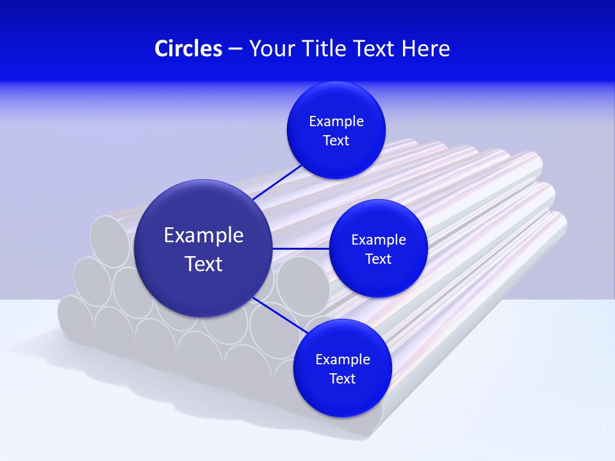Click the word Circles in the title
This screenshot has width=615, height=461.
click(x=188, y=49)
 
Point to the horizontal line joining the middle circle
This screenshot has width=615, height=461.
click(x=300, y=248)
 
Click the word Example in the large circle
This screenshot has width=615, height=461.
click(x=204, y=236)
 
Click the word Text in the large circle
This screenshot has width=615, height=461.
click(x=204, y=264)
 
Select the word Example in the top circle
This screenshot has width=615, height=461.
click(x=336, y=122)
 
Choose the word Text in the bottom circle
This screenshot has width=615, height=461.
click(x=342, y=379)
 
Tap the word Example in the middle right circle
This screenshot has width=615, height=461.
click(x=379, y=240)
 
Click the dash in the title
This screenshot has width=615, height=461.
click(x=235, y=49)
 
